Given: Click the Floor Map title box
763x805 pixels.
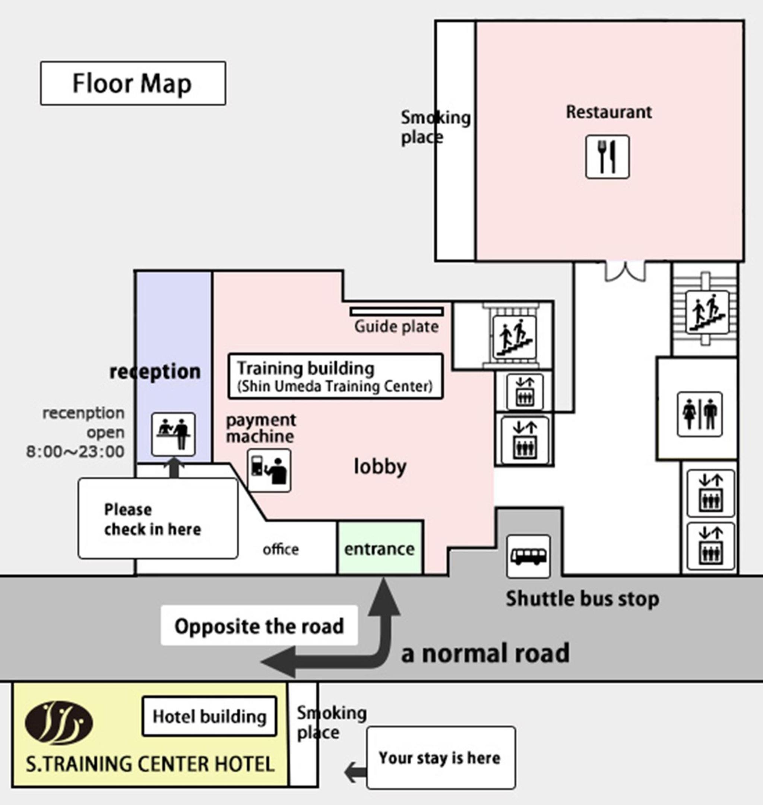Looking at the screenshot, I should [x=133, y=83].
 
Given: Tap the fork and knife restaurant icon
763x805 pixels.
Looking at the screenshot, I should [x=607, y=157].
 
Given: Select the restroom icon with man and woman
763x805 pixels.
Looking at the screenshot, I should [x=700, y=414].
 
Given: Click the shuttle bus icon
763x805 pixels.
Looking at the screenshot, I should [x=528, y=556].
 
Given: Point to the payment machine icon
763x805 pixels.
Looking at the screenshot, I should [x=269, y=471].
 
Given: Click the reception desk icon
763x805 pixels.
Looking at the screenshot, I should [x=173, y=434].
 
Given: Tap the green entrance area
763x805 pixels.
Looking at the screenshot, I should [x=380, y=548].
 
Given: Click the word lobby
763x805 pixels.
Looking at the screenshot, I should [x=380, y=467].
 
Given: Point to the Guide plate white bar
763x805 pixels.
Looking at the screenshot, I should [x=396, y=312].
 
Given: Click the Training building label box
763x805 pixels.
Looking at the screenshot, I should [x=336, y=376].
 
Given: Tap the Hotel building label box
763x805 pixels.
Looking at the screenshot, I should [x=209, y=716].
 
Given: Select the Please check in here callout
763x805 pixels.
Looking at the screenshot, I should [x=158, y=519].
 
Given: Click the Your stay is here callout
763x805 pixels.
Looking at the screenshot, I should [x=441, y=757].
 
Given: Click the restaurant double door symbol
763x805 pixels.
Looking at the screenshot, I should [x=625, y=271].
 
